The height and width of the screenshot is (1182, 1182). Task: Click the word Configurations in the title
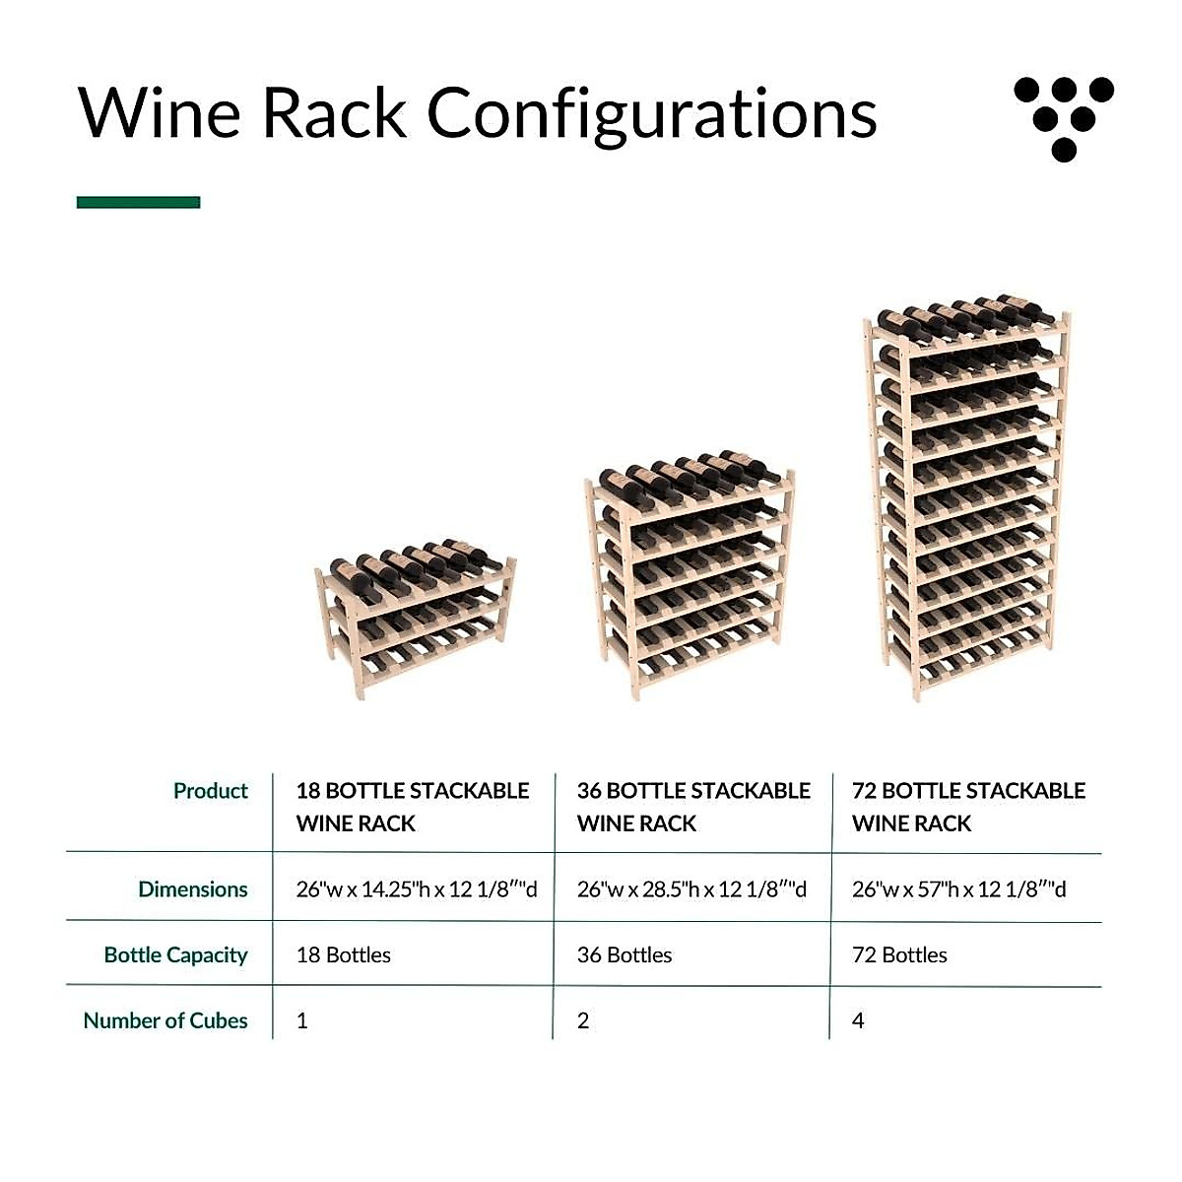(651, 114)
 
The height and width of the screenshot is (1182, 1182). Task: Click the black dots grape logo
(1064, 117)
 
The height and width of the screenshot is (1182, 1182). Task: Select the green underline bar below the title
(138, 202)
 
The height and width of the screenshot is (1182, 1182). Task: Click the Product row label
(210, 791)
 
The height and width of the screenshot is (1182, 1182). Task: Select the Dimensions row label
(192, 889)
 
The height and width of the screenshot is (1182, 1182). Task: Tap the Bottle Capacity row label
(175, 955)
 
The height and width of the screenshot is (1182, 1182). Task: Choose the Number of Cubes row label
(164, 1020)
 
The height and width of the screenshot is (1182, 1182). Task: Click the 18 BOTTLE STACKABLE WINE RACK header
(412, 807)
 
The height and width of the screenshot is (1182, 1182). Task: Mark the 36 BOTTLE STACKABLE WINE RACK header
(693, 807)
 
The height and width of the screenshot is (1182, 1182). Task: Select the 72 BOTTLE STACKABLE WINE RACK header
(968, 807)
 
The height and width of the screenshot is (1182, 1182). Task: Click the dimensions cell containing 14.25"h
(417, 889)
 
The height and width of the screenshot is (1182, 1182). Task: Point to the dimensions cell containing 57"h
(958, 889)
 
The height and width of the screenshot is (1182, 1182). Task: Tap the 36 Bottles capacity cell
(624, 955)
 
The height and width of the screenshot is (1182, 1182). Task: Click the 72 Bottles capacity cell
(899, 955)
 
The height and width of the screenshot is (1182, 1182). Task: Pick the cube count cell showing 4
(858, 1020)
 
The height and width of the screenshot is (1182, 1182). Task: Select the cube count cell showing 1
(302, 1020)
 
